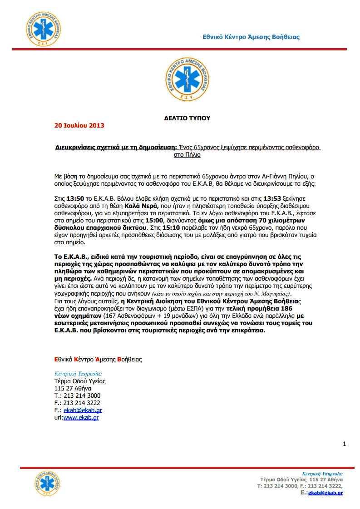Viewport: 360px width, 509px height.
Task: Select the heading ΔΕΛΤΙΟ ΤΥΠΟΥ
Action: pyautogui.click(x=187, y=118)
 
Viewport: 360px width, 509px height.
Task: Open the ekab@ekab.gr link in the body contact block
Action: pyautogui.click(x=83, y=410)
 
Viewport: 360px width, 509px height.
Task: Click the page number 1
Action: pyautogui.click(x=344, y=444)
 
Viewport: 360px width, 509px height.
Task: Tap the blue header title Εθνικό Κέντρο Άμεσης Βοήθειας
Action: pyautogui.click(x=251, y=37)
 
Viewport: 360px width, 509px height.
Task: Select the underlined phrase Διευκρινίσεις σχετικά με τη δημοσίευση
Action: pyautogui.click(x=116, y=148)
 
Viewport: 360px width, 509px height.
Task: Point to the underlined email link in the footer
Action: pyautogui.click(x=325, y=493)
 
